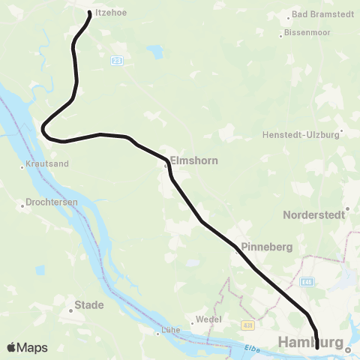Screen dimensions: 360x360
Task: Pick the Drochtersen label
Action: (51, 203)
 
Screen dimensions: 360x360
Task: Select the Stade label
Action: (89, 305)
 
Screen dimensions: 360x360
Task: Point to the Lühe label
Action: (171, 331)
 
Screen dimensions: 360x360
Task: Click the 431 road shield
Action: (248, 325)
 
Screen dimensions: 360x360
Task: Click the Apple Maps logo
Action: (28, 347)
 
